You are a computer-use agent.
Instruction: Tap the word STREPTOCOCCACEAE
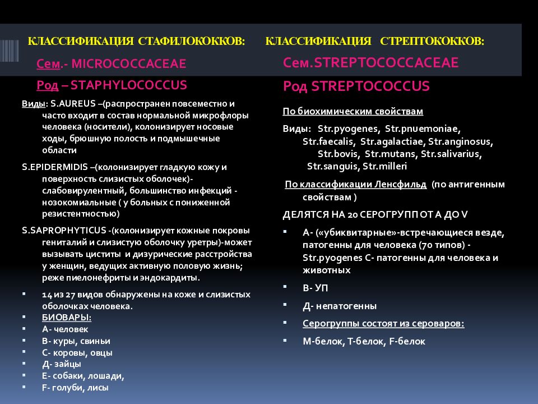[x=387, y=63]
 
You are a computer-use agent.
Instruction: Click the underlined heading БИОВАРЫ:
[x=67, y=317]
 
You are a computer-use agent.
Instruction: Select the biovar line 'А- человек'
[x=64, y=329]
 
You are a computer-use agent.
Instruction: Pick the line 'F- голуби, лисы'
[x=75, y=387]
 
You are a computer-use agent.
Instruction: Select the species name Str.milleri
[x=385, y=166]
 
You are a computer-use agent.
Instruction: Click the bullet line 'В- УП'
[x=315, y=288]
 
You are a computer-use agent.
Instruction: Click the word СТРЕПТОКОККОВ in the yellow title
[x=432, y=42]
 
